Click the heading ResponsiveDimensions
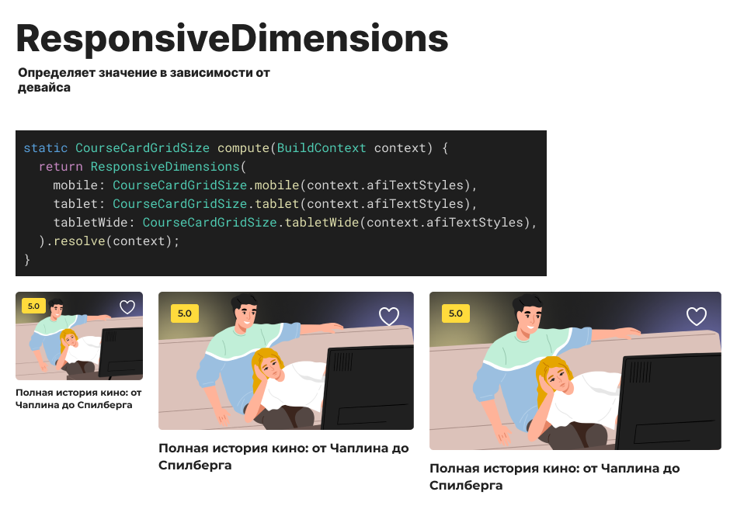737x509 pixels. pyautogui.click(x=232, y=38)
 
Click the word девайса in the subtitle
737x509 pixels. pyautogui.click(x=44, y=88)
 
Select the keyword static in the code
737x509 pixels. pyautogui.click(x=45, y=147)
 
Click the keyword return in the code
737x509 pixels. pyautogui.click(x=61, y=167)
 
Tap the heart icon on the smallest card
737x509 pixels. pyautogui.click(x=127, y=307)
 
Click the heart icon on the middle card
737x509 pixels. pyautogui.click(x=388, y=316)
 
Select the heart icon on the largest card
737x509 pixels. pyautogui.click(x=697, y=316)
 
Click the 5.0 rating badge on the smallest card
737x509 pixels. pyautogui.click(x=33, y=306)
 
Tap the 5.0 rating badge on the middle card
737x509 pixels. pyautogui.click(x=185, y=313)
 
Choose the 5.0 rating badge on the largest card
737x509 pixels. pyautogui.click(x=455, y=313)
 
